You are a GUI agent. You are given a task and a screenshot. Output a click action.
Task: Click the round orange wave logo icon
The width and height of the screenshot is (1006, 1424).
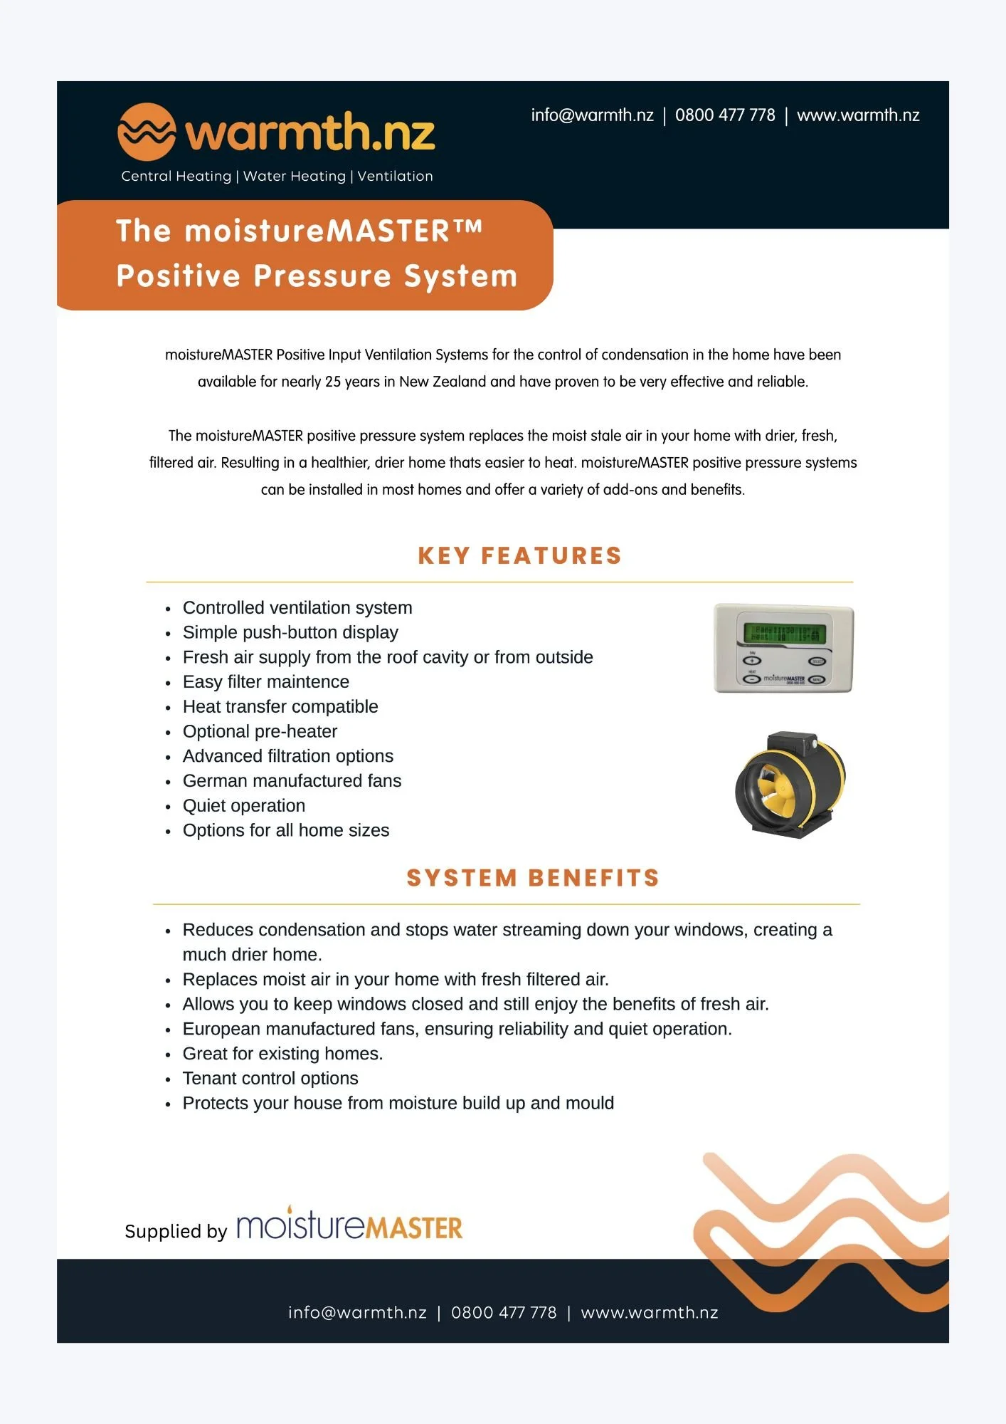tap(146, 132)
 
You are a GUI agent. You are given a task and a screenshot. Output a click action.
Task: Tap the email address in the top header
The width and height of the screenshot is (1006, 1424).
tap(592, 115)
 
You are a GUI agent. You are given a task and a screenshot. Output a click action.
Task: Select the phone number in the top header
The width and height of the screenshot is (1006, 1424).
tap(725, 115)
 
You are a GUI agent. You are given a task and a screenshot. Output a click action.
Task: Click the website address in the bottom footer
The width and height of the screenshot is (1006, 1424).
tap(649, 1312)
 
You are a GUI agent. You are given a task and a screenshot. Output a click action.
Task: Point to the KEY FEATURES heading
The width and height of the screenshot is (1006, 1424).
tap(519, 555)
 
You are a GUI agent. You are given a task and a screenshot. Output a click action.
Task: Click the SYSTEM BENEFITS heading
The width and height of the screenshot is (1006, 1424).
tap(533, 878)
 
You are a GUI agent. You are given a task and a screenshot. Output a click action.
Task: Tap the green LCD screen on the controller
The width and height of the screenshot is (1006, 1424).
tap(784, 632)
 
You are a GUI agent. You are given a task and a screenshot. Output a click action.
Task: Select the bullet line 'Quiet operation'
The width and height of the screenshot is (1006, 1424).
tap(243, 805)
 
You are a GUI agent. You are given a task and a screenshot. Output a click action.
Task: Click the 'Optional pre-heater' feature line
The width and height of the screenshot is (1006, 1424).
tap(260, 731)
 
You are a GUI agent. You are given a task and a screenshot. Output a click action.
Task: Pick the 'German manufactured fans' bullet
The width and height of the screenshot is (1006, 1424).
tap(292, 780)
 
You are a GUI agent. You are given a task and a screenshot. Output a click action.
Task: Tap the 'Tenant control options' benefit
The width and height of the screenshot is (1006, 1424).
tap(270, 1078)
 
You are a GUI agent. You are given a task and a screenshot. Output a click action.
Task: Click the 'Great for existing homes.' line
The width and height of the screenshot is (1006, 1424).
tap(282, 1053)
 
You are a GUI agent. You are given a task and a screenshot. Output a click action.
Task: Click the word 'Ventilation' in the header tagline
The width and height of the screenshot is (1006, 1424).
tap(395, 176)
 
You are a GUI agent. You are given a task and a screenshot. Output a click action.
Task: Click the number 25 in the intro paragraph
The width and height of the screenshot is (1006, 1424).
tap(333, 382)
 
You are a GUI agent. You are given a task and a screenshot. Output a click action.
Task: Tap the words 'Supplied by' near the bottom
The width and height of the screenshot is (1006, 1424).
tap(176, 1231)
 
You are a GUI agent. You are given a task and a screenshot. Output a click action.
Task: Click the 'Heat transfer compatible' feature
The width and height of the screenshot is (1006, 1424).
tap(280, 706)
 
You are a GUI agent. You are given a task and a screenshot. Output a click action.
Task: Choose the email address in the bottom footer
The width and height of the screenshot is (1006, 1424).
tap(357, 1312)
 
